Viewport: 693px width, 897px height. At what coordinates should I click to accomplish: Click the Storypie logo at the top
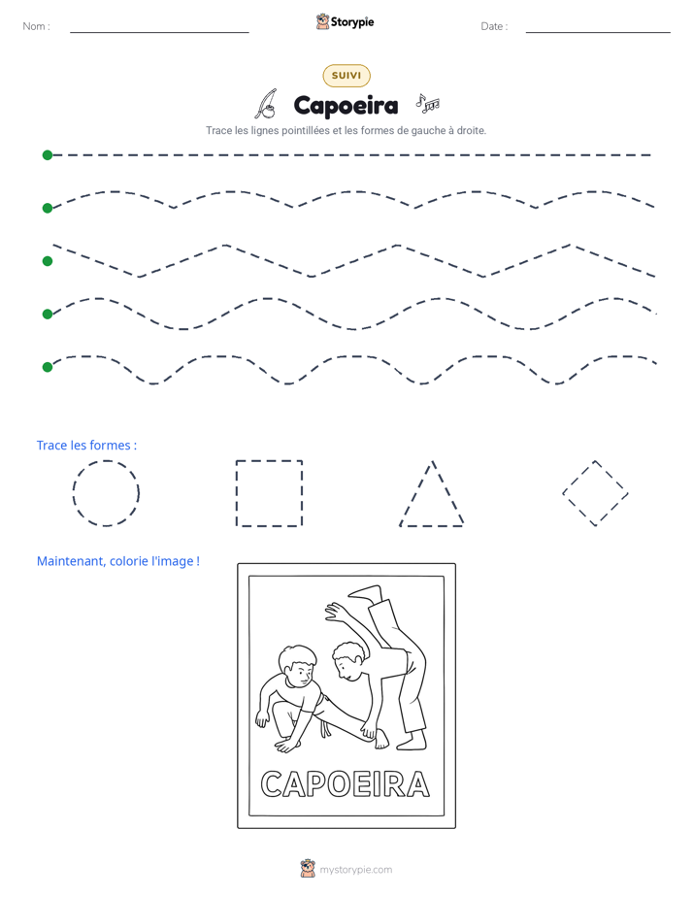(x=346, y=21)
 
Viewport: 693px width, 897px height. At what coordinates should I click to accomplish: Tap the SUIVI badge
(x=346, y=76)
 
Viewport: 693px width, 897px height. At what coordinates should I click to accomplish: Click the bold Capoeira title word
(x=346, y=106)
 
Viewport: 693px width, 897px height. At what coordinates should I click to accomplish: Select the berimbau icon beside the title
(x=266, y=104)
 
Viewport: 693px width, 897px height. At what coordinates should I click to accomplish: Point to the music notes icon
(x=428, y=103)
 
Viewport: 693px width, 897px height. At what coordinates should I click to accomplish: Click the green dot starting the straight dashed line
(x=48, y=155)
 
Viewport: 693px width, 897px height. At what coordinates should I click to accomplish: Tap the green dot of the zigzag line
(x=48, y=261)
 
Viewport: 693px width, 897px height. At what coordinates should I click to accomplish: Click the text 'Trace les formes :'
(x=87, y=445)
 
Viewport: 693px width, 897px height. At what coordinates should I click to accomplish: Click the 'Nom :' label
(x=37, y=26)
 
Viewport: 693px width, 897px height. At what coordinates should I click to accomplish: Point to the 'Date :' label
(x=494, y=26)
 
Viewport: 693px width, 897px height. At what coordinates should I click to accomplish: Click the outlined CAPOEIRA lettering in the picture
(x=346, y=783)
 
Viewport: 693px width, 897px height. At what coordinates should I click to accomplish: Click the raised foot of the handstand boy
(x=366, y=592)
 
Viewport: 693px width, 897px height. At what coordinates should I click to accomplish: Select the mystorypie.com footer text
(x=355, y=870)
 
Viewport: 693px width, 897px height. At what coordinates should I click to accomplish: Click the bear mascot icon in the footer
(x=308, y=869)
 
